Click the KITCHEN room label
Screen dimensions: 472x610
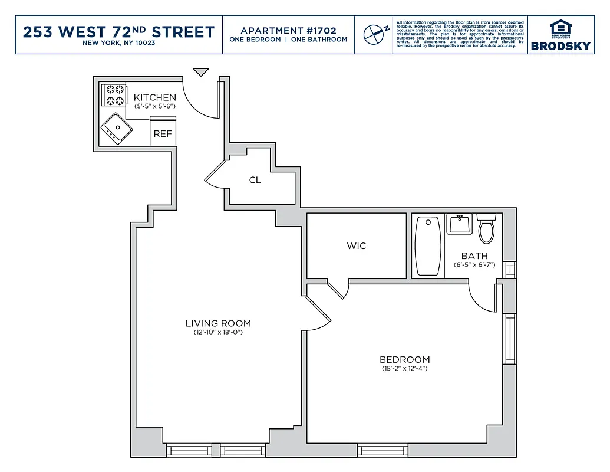tap(154, 97)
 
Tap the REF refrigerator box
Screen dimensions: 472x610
tap(163, 133)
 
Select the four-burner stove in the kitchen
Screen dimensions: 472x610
tap(114, 96)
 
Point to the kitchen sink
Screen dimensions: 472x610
tap(116, 129)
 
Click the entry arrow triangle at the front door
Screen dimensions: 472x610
tap(202, 72)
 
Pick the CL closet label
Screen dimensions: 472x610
tap(255, 180)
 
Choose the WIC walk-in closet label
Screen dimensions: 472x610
tap(357, 245)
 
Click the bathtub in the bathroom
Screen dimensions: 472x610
tap(428, 246)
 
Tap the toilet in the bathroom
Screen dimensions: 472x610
tap(486, 229)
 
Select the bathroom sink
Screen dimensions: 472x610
tap(459, 224)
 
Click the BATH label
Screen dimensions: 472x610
tap(474, 256)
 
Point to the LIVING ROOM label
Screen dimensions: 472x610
tap(218, 323)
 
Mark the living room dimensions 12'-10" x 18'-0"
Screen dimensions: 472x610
tap(218, 333)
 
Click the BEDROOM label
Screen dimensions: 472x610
tap(404, 359)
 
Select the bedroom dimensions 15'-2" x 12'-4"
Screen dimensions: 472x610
tap(404, 369)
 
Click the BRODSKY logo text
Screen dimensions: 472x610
tap(560, 46)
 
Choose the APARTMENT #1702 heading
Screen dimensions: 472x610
tap(288, 30)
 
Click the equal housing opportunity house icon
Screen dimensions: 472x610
tap(560, 28)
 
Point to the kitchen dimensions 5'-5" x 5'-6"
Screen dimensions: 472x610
tap(154, 107)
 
